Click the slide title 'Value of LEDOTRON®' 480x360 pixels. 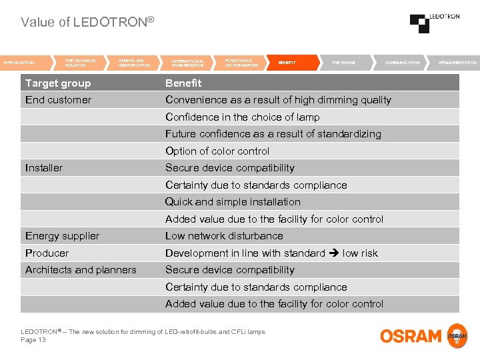87,22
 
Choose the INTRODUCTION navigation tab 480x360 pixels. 21,63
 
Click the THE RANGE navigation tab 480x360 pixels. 343,63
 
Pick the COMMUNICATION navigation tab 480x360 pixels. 403,63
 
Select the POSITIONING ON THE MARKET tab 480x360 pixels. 241,63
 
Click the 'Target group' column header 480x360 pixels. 58,83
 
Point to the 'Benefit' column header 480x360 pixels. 183,83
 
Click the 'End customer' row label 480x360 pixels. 58,100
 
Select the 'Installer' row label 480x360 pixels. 44,168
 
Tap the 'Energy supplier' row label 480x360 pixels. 62,236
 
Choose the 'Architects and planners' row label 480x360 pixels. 81,270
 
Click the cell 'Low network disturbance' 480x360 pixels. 224,236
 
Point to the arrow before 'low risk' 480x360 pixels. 333,253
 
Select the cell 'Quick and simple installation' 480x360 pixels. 233,202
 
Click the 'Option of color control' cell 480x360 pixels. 217,151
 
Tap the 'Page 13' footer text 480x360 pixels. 33,340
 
